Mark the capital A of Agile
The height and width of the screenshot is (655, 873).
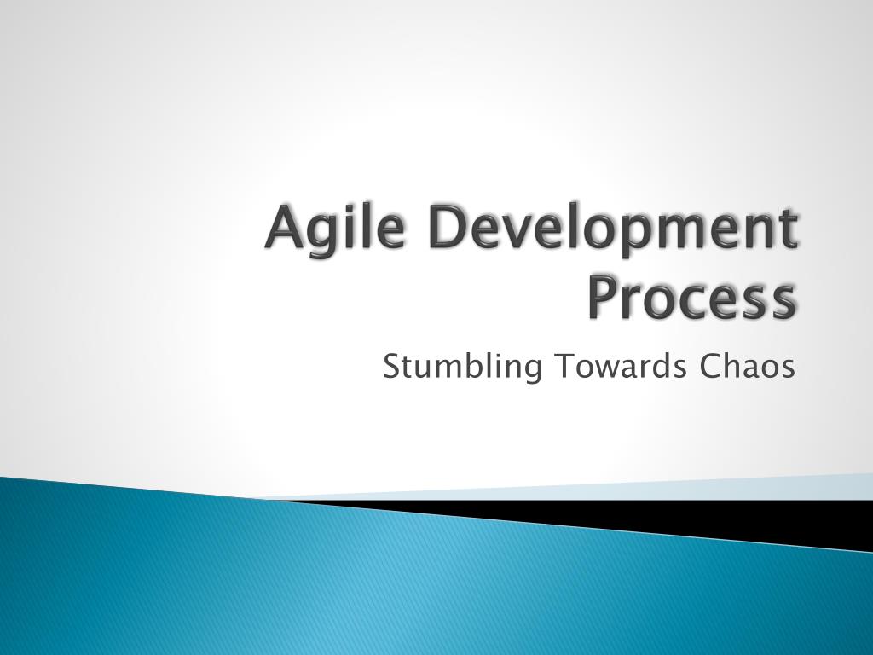(x=284, y=229)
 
